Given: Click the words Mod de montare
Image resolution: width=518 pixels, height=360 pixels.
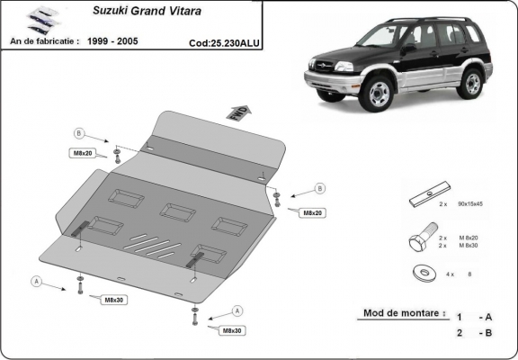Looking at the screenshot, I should coord(402,314).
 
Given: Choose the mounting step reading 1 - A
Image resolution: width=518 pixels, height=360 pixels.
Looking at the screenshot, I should coord(473,317).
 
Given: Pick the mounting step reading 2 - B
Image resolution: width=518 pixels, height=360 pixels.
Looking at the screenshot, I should coord(473,333).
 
